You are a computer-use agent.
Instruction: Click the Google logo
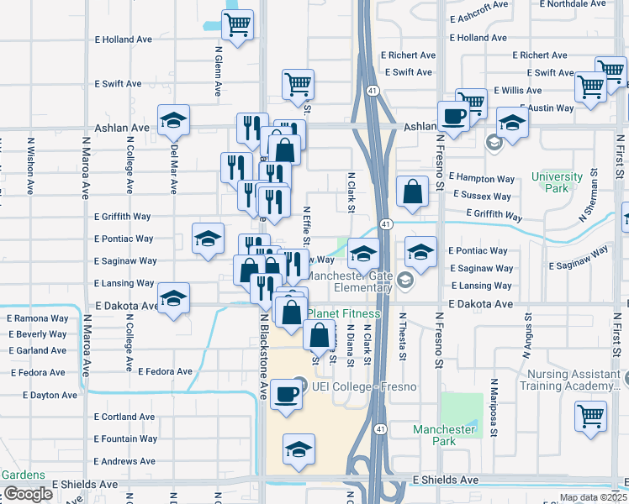click(27, 494)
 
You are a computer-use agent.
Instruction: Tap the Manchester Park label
click(445, 435)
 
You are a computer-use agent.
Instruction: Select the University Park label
click(557, 182)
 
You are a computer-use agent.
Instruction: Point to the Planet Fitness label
click(343, 313)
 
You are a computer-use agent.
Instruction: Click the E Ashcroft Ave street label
click(479, 17)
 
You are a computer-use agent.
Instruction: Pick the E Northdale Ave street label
click(577, 4)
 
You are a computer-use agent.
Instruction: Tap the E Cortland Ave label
click(124, 417)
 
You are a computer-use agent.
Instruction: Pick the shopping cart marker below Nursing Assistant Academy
click(591, 415)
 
